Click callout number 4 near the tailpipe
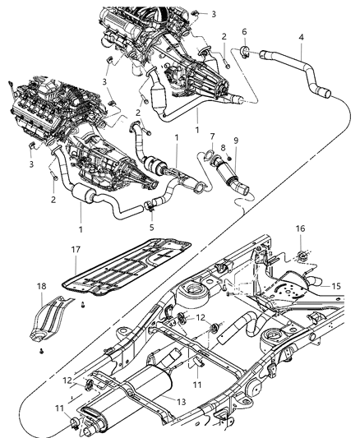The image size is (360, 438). (302, 38)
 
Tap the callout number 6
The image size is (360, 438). (243, 30)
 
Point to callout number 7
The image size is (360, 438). (212, 136)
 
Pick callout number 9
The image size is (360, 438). (238, 140)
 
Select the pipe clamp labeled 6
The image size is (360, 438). (245, 53)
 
